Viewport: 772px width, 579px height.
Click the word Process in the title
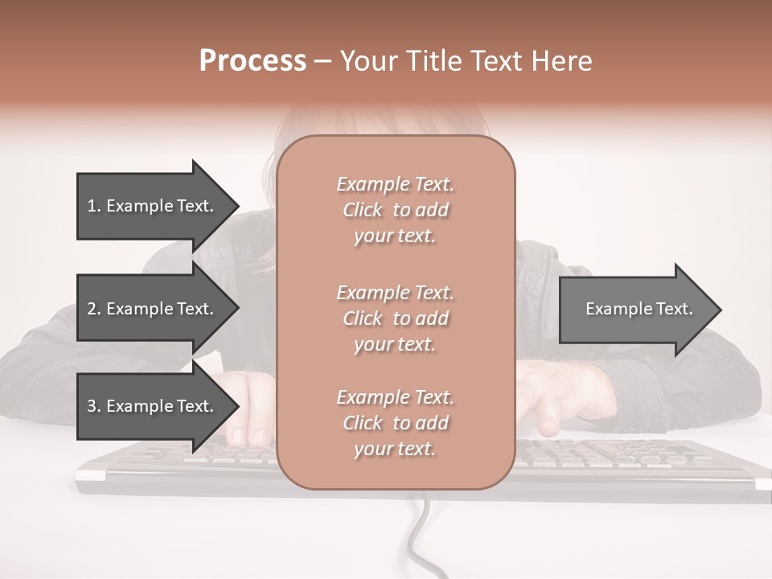click(253, 61)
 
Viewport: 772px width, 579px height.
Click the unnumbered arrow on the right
click(635, 309)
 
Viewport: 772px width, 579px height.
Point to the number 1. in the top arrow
click(93, 206)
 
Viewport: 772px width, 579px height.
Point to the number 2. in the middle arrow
click(94, 309)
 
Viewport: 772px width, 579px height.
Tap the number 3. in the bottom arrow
click(94, 406)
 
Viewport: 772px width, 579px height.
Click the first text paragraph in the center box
click(395, 210)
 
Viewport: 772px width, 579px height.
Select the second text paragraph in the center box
click(395, 318)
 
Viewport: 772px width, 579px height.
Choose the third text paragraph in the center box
click(395, 423)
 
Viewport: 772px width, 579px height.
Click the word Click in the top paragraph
click(363, 210)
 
